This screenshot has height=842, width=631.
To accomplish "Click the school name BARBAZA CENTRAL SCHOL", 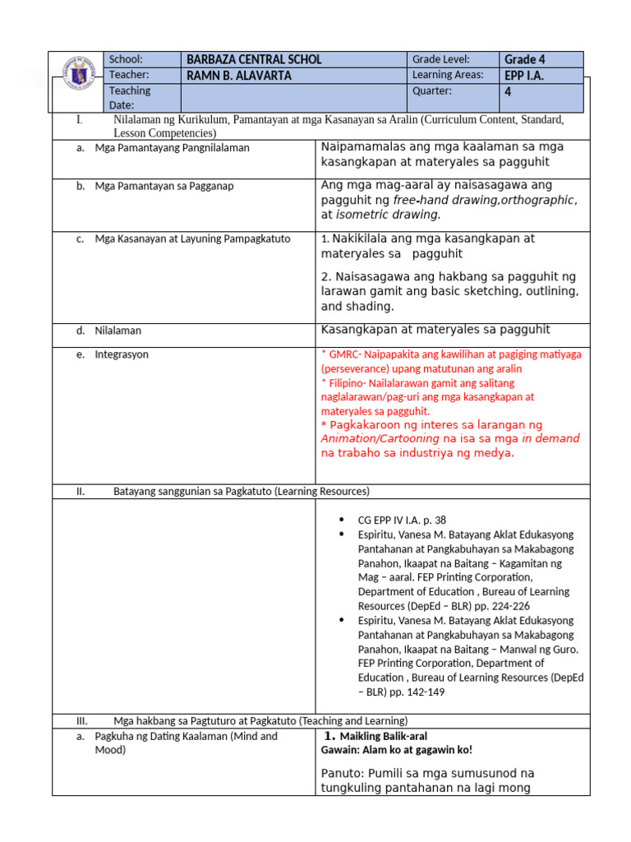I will click(254, 59).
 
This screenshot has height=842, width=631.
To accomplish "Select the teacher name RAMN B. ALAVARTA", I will click(239, 76).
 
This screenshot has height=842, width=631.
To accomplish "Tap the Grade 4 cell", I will click(524, 59).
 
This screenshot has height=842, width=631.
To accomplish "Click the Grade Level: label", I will click(440, 59).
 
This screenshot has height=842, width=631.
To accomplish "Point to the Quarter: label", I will click(432, 91).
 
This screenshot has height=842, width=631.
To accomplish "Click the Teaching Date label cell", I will click(130, 98).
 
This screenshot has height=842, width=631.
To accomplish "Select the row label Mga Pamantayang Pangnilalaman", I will click(172, 148).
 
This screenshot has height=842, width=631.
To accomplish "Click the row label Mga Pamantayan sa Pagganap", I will click(164, 186).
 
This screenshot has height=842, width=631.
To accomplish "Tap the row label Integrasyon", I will click(122, 354).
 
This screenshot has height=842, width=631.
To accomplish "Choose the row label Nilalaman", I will click(117, 331).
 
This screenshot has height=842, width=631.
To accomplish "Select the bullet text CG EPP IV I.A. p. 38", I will click(402, 520).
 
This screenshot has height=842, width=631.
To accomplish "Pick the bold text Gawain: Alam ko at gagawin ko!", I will click(396, 750).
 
